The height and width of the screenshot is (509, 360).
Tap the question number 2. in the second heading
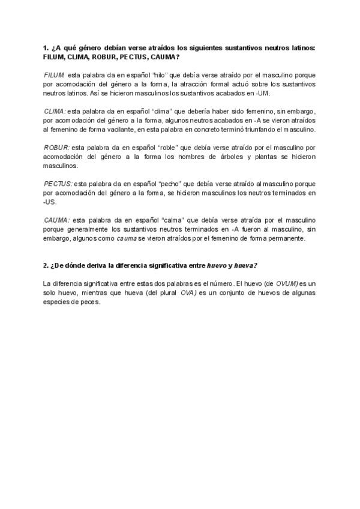(46, 265)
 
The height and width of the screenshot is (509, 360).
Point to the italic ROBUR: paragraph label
(56, 147)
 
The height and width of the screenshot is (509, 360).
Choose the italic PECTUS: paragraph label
(58, 183)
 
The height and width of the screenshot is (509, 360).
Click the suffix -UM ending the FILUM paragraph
(264, 93)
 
